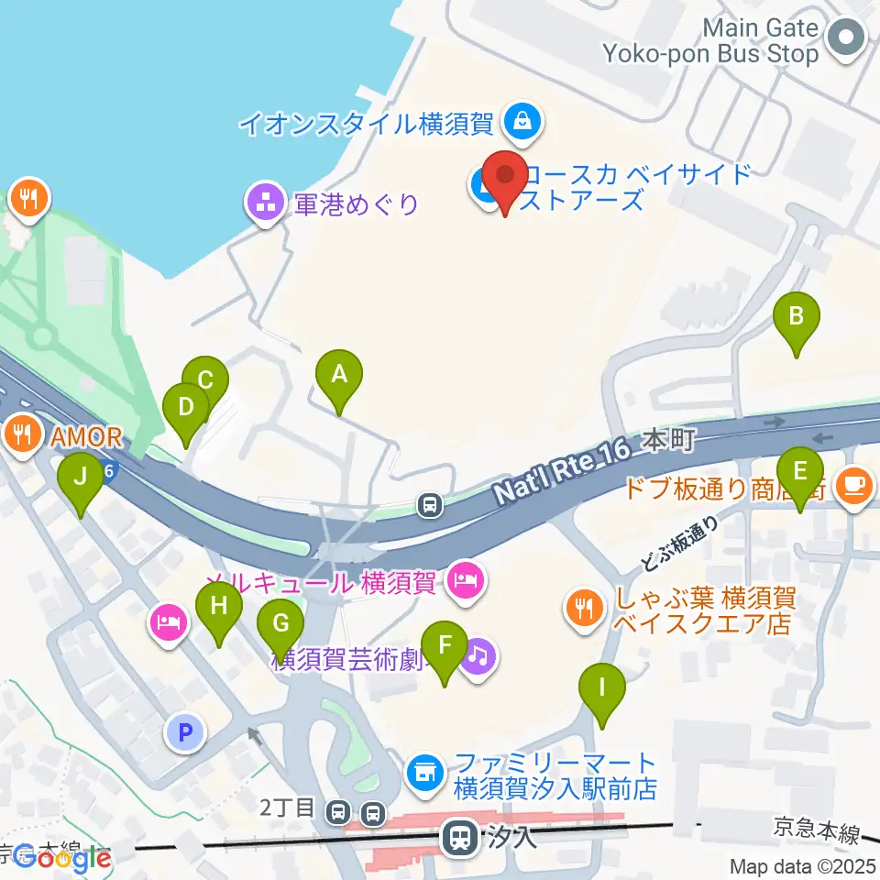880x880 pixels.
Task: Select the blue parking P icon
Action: tap(185, 732)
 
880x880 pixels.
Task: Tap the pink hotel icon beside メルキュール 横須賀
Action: tap(466, 581)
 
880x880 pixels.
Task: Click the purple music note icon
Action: tap(478, 656)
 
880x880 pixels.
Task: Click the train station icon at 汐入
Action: tap(458, 836)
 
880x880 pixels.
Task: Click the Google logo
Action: tap(62, 859)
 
